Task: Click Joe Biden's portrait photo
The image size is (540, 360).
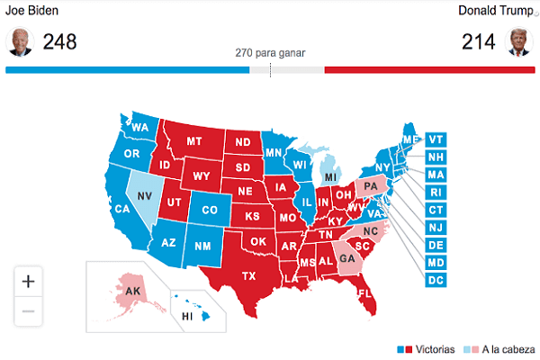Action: pos(20,41)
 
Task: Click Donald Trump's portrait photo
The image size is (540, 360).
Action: pos(519,41)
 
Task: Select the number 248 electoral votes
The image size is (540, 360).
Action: pos(59,42)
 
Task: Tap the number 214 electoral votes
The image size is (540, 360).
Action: pos(479,42)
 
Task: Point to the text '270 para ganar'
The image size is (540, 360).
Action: pos(269,52)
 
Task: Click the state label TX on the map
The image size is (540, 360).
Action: pos(249,276)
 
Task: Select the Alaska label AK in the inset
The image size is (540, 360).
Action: pos(131,291)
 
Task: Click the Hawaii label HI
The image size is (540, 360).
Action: pos(187,317)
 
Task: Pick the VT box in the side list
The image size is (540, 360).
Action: pos(436,139)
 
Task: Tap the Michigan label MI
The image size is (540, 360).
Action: pos(331,177)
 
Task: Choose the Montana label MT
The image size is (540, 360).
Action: pos(193,142)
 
